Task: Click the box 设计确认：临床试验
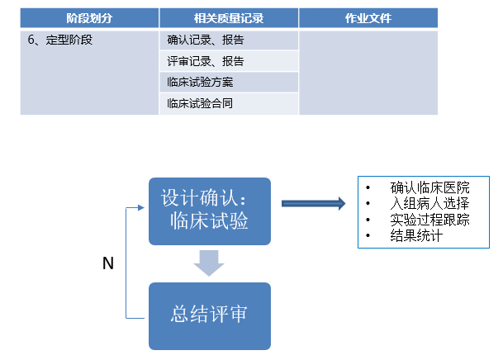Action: (210, 211)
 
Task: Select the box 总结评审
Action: (210, 315)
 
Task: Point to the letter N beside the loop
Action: (107, 263)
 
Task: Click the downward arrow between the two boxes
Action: (209, 263)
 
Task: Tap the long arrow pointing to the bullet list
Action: (313, 203)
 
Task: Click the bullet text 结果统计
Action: (417, 236)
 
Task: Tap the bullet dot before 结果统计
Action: (368, 236)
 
